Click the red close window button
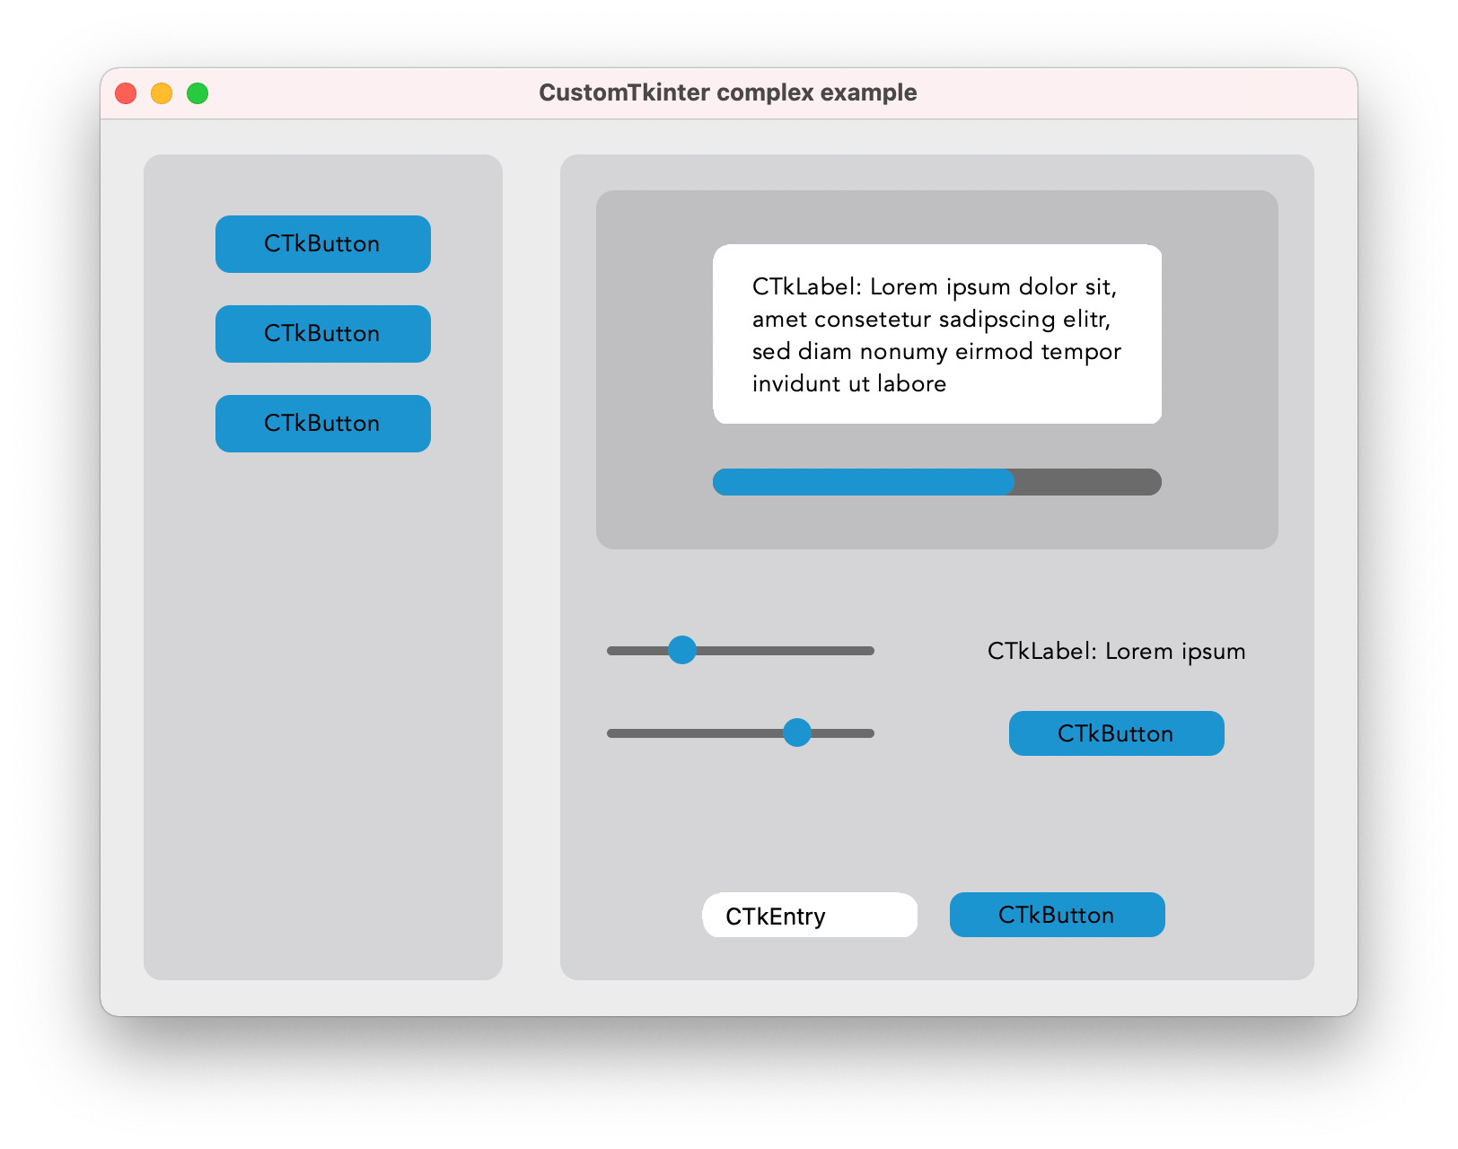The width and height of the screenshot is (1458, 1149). pos(126,92)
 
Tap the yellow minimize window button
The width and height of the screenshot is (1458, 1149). pos(162,92)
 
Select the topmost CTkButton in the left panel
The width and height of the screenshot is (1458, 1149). pos(322,244)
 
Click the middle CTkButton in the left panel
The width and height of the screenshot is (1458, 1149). pos(322,333)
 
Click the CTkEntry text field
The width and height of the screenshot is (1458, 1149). pos(810,915)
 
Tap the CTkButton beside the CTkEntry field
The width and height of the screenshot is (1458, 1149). pos(1057,915)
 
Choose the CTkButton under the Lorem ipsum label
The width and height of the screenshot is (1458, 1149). pos(1116,733)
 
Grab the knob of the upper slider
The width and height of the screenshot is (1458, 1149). pos(681,651)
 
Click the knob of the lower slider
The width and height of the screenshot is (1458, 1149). pos(796,732)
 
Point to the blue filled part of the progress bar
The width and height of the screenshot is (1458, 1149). pos(863,482)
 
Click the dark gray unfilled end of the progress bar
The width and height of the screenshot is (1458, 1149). pos(1088,482)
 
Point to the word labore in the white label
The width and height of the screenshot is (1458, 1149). pos(911,384)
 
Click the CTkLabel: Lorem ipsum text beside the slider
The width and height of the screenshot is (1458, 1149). pos(1116,652)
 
